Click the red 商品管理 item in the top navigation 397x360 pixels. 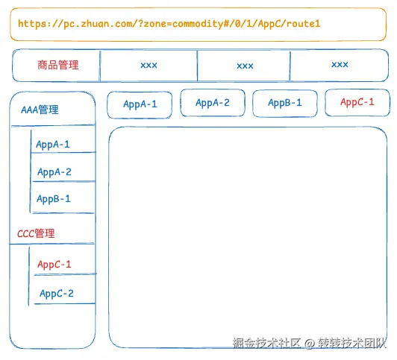pyautogui.click(x=57, y=66)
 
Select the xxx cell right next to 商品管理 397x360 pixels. pyautogui.click(x=149, y=66)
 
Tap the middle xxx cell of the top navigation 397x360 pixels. pyautogui.click(x=245, y=66)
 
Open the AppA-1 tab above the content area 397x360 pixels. pyautogui.click(x=140, y=104)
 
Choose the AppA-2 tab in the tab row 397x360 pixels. pyautogui.click(x=213, y=104)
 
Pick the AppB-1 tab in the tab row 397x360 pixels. pyautogui.click(x=285, y=103)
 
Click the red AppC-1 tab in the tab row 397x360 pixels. pyautogui.click(x=357, y=102)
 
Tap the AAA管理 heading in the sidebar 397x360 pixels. pyautogui.click(x=40, y=110)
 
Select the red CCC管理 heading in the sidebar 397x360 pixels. pyautogui.click(x=36, y=233)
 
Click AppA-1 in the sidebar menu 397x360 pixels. pyautogui.click(x=53, y=145)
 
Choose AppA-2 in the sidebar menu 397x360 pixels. pyautogui.click(x=54, y=172)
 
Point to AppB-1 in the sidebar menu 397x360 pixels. pyautogui.click(x=54, y=199)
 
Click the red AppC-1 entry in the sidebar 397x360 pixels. pyautogui.click(x=54, y=265)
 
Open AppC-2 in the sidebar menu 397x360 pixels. pyautogui.click(x=57, y=294)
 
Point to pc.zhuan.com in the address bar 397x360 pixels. pyautogui.click(x=94, y=24)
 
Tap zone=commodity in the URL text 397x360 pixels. pyautogui.click(x=179, y=24)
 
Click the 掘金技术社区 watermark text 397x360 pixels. pyautogui.click(x=266, y=344)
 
